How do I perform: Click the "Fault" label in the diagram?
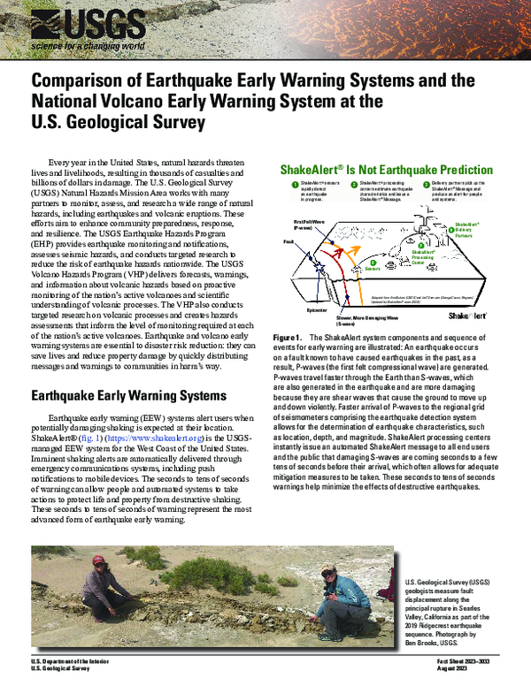point(288,240)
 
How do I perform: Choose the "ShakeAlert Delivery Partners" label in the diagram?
point(464,232)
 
